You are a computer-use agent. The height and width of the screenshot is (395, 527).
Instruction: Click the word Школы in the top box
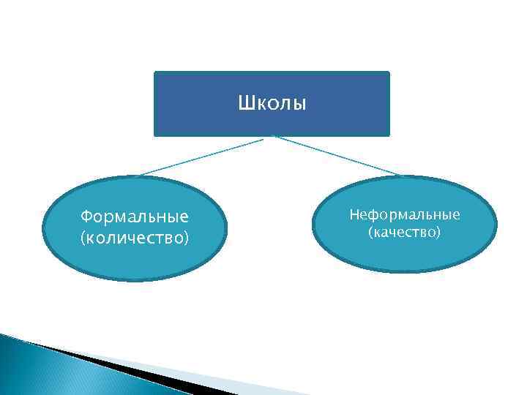(x=272, y=103)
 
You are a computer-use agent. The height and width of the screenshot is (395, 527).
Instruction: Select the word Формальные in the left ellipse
(x=135, y=217)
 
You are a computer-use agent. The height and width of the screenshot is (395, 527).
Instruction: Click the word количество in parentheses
(x=135, y=238)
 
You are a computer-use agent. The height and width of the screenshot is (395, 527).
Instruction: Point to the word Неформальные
(x=405, y=214)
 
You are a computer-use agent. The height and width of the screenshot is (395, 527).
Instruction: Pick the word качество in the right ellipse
(x=405, y=233)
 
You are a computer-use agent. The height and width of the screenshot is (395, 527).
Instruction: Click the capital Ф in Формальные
(x=86, y=217)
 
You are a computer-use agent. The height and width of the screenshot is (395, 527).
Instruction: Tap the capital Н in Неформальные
(x=354, y=214)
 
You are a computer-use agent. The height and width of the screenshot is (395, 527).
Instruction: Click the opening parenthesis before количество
(x=83, y=238)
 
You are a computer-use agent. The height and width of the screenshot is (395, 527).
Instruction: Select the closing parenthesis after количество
(x=187, y=238)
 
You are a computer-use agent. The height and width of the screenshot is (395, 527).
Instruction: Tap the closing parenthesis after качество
(x=438, y=233)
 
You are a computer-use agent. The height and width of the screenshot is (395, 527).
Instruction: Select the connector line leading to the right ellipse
(x=337, y=156)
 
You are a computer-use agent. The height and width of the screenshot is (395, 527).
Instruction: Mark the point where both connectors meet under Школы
(x=272, y=137)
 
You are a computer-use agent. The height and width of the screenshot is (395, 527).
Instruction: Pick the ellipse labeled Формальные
(x=135, y=260)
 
